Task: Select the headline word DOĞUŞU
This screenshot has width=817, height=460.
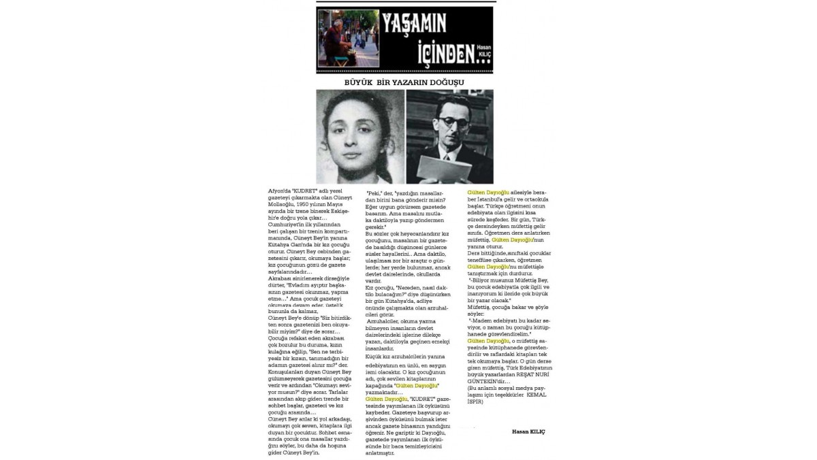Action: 450,82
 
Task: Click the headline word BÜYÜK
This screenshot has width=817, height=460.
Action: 363,82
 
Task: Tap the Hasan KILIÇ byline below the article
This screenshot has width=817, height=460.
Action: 528,431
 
